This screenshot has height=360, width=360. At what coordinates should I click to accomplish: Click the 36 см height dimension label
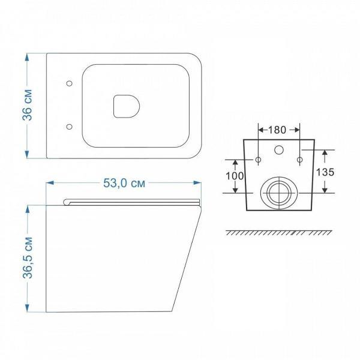pyautogui.click(x=28, y=105)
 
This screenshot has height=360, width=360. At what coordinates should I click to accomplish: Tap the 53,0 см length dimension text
pyautogui.click(x=124, y=183)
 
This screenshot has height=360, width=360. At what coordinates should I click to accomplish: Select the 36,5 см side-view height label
pyautogui.click(x=28, y=257)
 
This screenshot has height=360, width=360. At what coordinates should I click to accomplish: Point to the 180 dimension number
pyautogui.click(x=277, y=130)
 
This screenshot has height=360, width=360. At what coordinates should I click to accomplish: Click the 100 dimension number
pyautogui.click(x=235, y=176)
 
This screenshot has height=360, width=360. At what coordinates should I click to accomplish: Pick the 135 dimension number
pyautogui.click(x=325, y=172)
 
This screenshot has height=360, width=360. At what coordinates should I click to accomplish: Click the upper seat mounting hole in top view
pyautogui.click(x=69, y=83)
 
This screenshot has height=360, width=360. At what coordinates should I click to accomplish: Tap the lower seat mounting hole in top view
pyautogui.click(x=69, y=127)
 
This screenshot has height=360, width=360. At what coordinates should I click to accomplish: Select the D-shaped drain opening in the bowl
pyautogui.click(x=127, y=106)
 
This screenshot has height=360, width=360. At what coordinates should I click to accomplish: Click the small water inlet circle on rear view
pyautogui.click(x=279, y=150)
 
